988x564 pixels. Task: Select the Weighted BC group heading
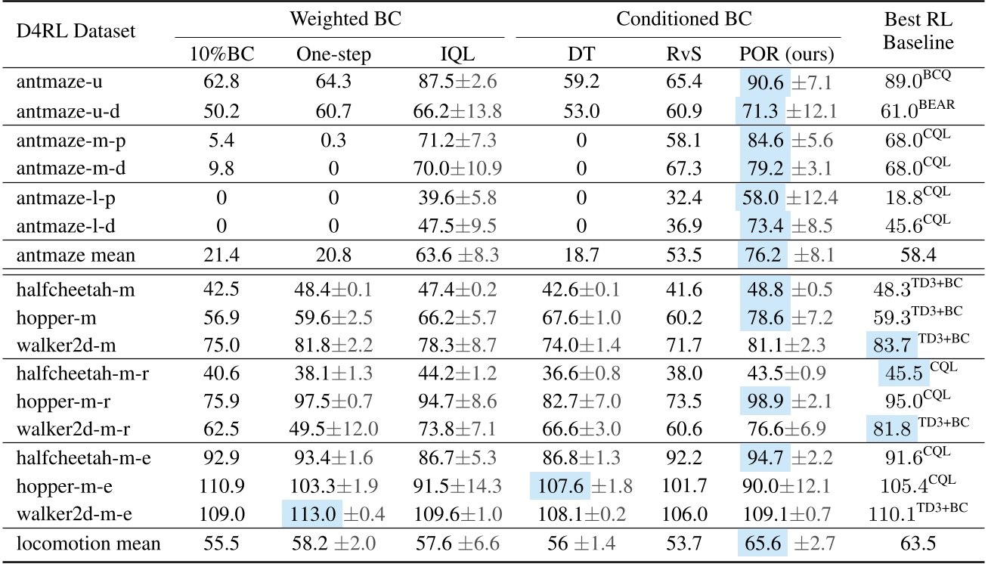[339, 19]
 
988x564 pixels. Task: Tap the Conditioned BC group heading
[678, 19]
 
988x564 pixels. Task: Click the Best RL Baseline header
[918, 33]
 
